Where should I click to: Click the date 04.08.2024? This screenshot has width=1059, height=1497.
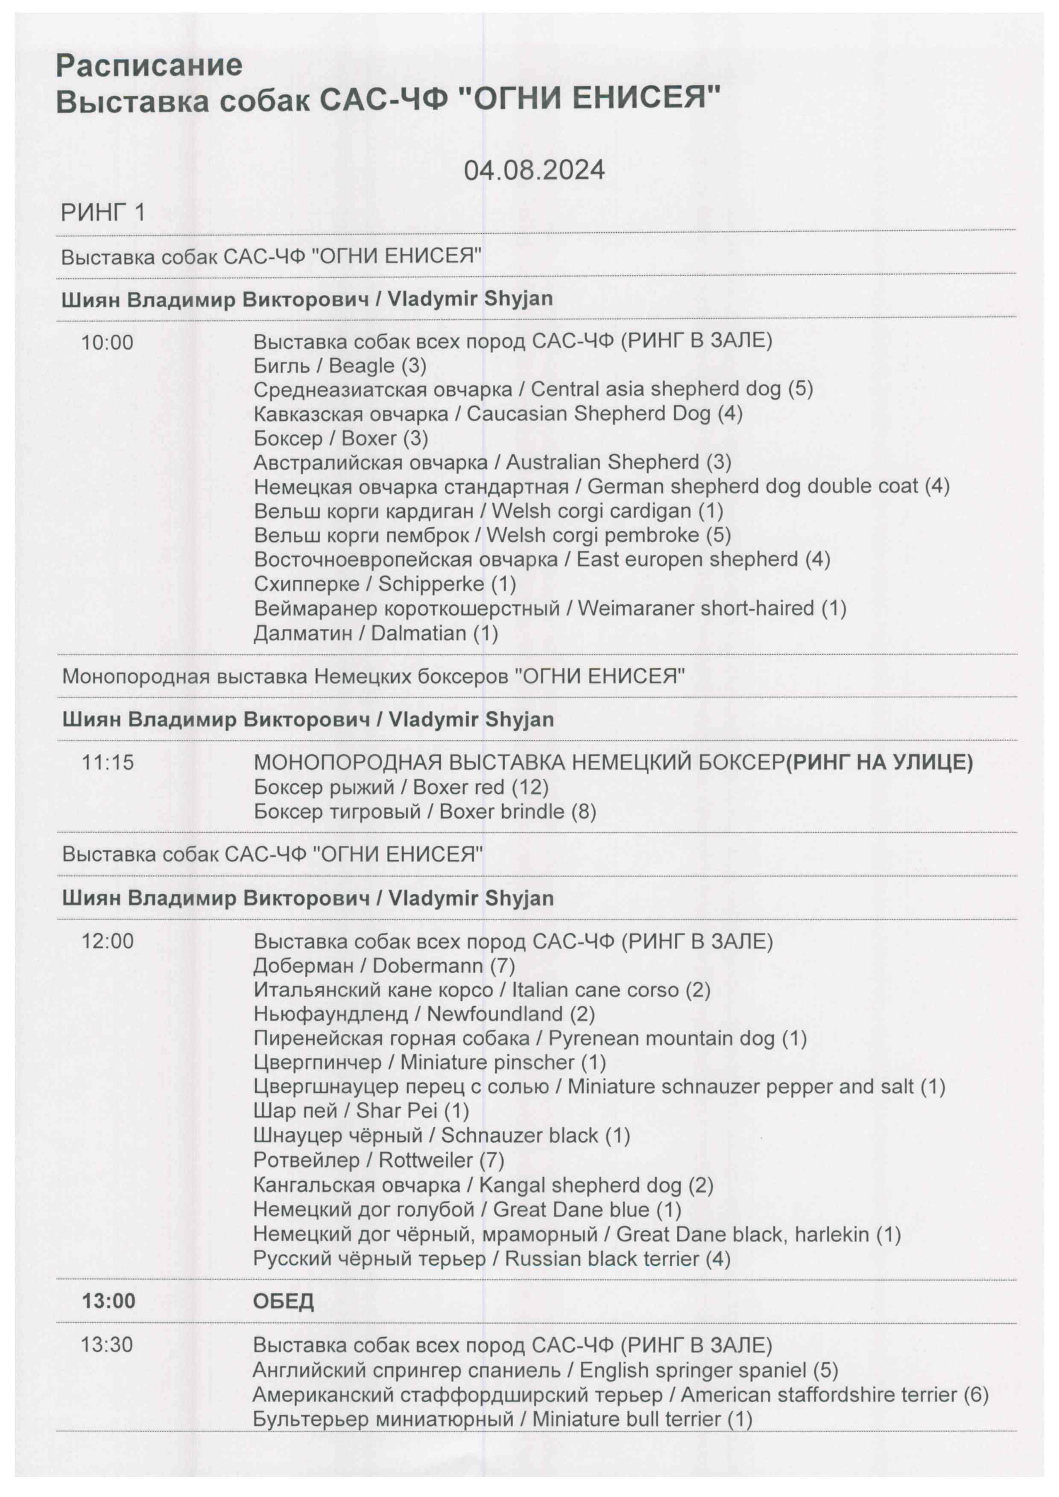point(534,170)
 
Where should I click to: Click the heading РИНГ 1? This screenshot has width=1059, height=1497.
point(102,213)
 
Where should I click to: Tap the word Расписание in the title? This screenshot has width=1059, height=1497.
point(149,65)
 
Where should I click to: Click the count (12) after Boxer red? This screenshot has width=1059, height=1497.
point(529,787)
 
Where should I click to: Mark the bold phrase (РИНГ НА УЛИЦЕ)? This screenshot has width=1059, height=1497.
point(879,762)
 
